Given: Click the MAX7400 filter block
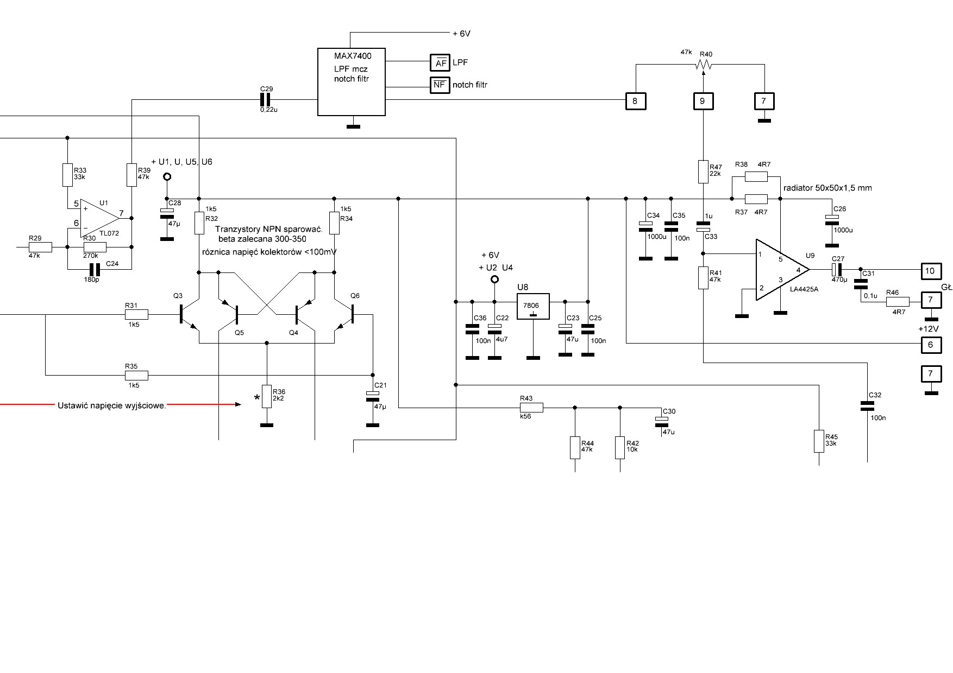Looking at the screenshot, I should point(352,81).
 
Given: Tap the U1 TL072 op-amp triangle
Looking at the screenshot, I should point(99,218).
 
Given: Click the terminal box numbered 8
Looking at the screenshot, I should point(635,101).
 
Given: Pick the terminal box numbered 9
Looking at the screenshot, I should point(703,101).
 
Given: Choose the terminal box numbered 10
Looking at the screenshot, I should point(930,270).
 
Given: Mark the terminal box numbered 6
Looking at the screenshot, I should point(930,344).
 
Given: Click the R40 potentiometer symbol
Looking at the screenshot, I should point(703,65).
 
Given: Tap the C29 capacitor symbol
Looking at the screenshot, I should point(266,99).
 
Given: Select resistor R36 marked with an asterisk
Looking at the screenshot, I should point(266,396).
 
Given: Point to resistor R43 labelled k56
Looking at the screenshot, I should point(531,407).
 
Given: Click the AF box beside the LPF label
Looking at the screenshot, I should point(440,63).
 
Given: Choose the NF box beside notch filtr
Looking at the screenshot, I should point(440,85).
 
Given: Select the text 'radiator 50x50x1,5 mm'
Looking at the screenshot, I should point(827,188).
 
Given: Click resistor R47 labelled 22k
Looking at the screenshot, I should point(703,171).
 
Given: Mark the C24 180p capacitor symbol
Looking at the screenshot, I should point(95,269).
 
